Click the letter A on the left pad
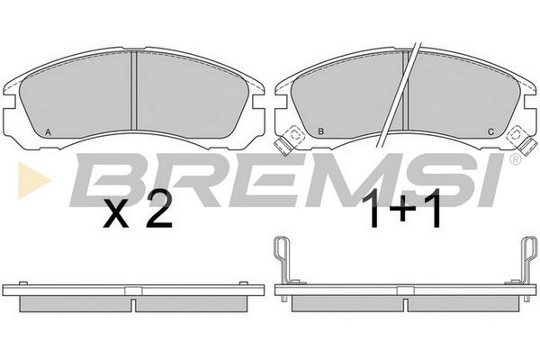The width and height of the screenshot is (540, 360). tap(49, 132)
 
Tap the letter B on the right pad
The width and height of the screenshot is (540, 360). tap(320, 131)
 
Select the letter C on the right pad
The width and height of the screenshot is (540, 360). tap(491, 131)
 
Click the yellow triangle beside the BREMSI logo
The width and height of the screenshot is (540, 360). tap(33, 180)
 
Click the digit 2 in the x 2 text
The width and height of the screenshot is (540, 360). tap(158, 209)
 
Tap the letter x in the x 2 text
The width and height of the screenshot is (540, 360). tap(116, 214)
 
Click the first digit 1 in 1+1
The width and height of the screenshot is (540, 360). tap(375, 210)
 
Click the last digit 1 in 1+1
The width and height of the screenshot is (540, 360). tap(434, 210)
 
